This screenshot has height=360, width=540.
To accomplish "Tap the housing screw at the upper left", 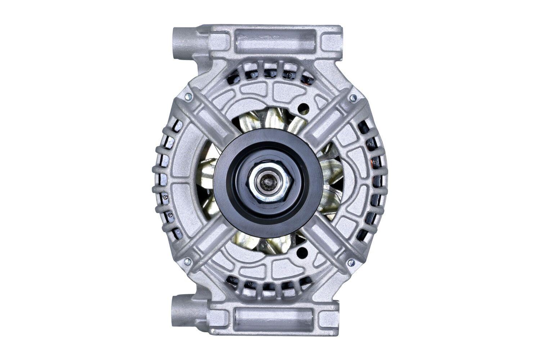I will [x=188, y=97].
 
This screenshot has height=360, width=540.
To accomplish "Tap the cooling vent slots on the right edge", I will [x=371, y=180].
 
